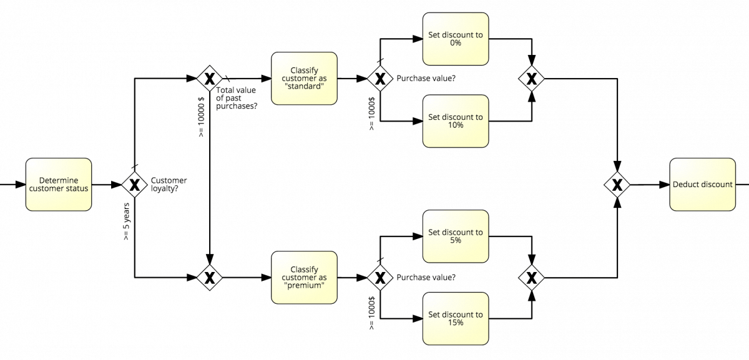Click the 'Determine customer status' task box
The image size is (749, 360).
(59, 185)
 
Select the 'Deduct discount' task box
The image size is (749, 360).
(702, 185)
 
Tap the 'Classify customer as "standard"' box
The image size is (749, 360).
(304, 79)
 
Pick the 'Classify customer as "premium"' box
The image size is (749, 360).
(304, 278)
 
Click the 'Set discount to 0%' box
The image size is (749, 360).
(455, 39)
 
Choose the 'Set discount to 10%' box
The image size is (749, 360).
(455, 121)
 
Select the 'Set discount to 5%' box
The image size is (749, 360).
(455, 236)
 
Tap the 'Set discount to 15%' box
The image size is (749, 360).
(455, 319)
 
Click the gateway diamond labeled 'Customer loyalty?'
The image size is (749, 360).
(134, 185)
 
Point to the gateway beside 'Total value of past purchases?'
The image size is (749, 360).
(210, 79)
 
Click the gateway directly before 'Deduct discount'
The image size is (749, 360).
(617, 185)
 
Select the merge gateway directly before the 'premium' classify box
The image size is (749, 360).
(210, 278)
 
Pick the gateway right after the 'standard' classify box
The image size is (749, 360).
(379, 79)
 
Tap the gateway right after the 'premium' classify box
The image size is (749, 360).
(379, 278)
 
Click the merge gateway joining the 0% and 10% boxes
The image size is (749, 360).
(531, 79)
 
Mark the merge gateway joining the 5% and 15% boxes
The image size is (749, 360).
(531, 278)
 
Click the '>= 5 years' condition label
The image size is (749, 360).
(126, 222)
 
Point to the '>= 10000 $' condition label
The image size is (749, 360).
(201, 117)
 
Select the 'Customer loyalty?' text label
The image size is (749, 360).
(169, 185)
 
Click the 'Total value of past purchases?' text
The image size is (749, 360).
(237, 99)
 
